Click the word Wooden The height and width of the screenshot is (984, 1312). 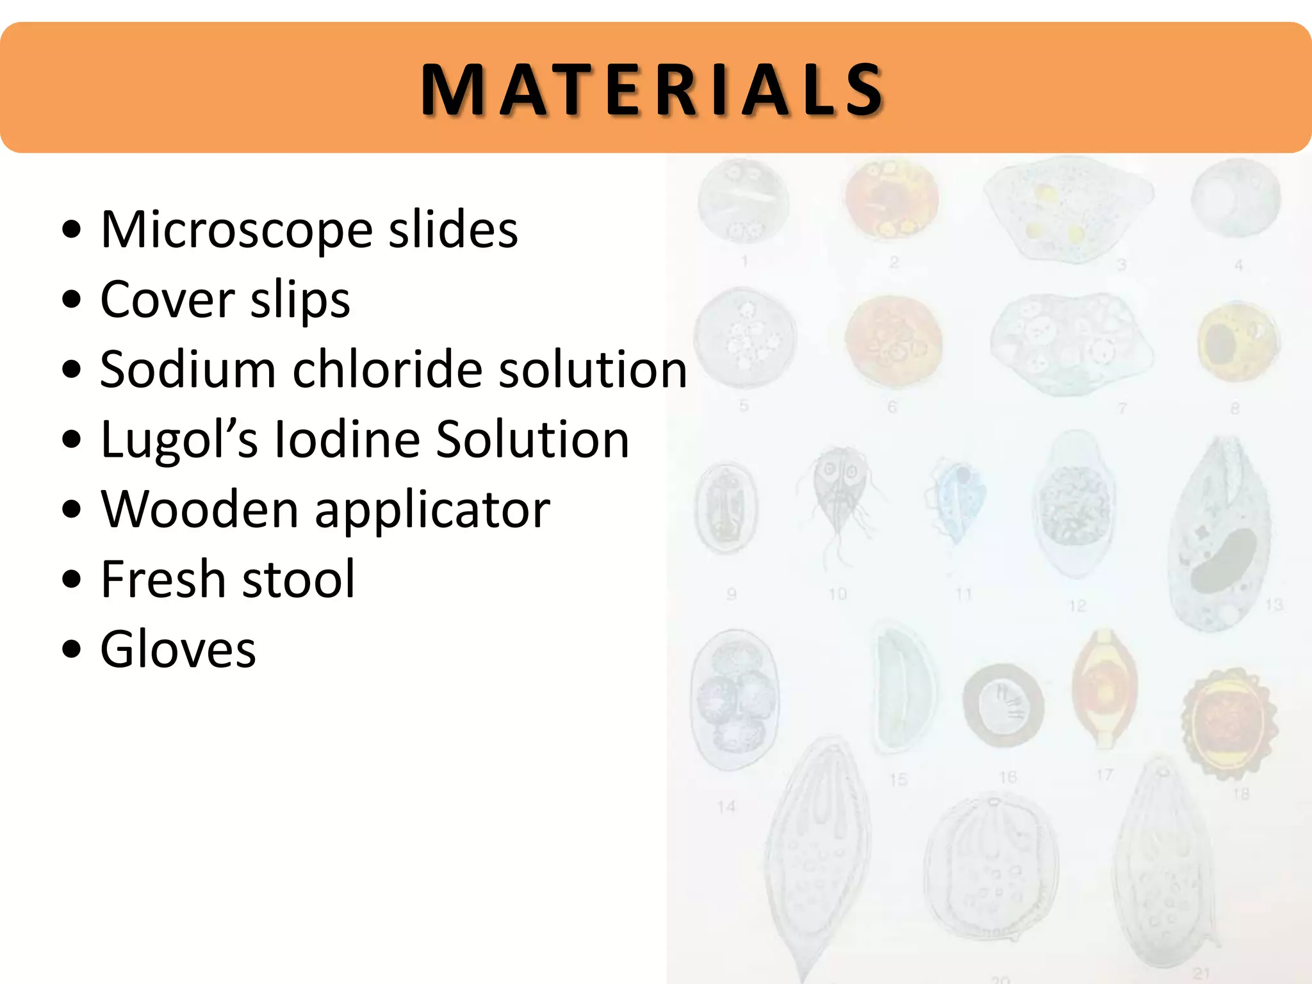point(199,509)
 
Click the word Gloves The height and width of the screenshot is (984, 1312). point(178,649)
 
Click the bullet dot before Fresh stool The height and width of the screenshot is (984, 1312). point(72,579)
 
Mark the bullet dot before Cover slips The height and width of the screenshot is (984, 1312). point(72,299)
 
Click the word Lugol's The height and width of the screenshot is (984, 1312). point(179,441)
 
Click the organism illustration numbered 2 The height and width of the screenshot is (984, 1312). point(891,200)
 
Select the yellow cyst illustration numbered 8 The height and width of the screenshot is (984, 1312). point(1237,343)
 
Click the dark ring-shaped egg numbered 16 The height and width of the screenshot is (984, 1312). point(1003,705)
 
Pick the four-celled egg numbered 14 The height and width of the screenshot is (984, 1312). point(735,698)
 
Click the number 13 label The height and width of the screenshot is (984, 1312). point(1274,604)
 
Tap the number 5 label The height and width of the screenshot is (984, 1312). point(744,406)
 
